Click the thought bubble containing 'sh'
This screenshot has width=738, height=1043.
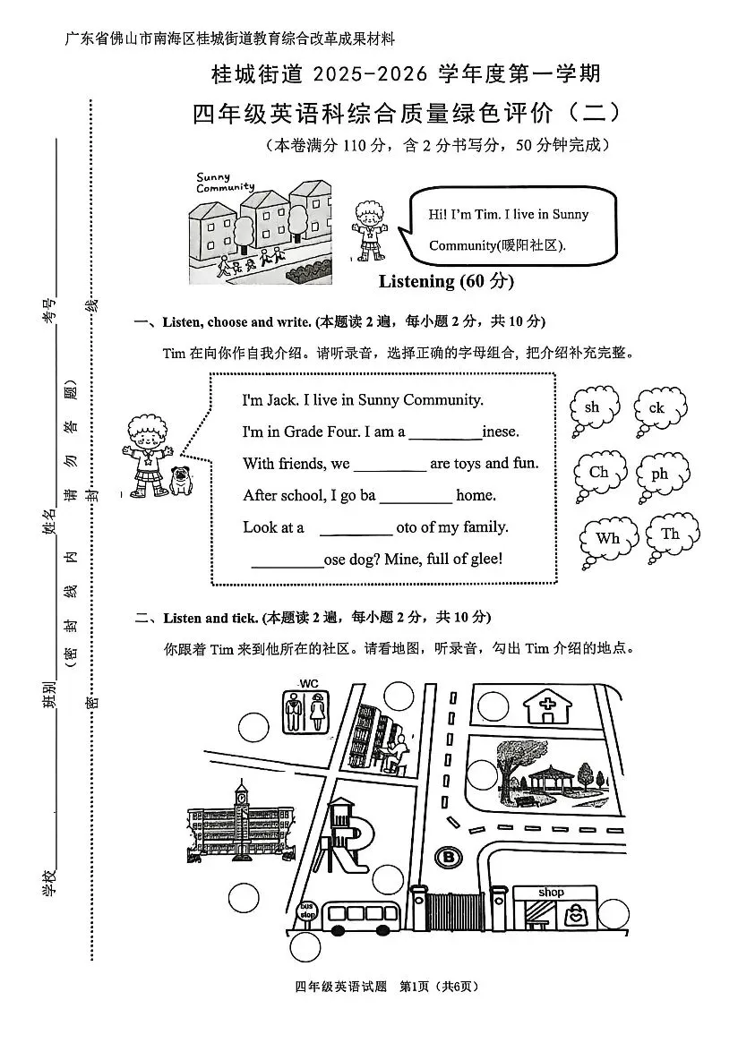click(x=594, y=408)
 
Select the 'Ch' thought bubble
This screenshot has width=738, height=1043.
click(x=599, y=474)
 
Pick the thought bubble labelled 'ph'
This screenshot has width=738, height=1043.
click(x=661, y=474)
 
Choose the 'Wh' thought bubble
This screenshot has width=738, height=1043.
click(x=608, y=539)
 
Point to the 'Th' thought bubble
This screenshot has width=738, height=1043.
click(x=670, y=535)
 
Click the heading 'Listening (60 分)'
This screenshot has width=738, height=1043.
click(x=446, y=281)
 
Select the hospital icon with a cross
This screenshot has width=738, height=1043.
click(x=544, y=705)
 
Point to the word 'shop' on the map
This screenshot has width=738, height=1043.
click(x=551, y=893)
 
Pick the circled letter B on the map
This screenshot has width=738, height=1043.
click(x=446, y=857)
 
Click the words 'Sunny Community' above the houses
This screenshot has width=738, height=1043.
click(x=224, y=183)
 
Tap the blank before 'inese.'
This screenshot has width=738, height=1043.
click(x=445, y=432)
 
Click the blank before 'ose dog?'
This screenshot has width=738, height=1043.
click(x=287, y=560)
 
